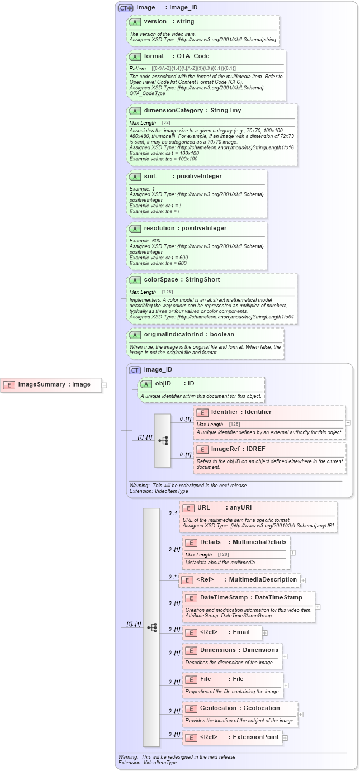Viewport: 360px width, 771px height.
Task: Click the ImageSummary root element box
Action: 51,384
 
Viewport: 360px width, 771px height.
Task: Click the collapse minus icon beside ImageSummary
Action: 105,384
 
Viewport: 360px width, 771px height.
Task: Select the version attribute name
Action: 155,21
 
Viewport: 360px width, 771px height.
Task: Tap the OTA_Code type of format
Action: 193,56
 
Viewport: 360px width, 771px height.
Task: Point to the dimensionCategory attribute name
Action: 173,110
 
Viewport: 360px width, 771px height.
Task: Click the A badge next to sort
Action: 135,176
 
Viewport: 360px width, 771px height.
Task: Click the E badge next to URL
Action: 188,508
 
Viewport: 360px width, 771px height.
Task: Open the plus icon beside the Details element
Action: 292,553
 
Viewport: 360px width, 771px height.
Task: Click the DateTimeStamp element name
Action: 224,597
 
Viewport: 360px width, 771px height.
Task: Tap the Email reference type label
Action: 241,632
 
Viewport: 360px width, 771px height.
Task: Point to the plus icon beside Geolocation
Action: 300,714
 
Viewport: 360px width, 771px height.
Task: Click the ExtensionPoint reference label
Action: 255,737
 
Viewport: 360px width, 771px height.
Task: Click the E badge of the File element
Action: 191,679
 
